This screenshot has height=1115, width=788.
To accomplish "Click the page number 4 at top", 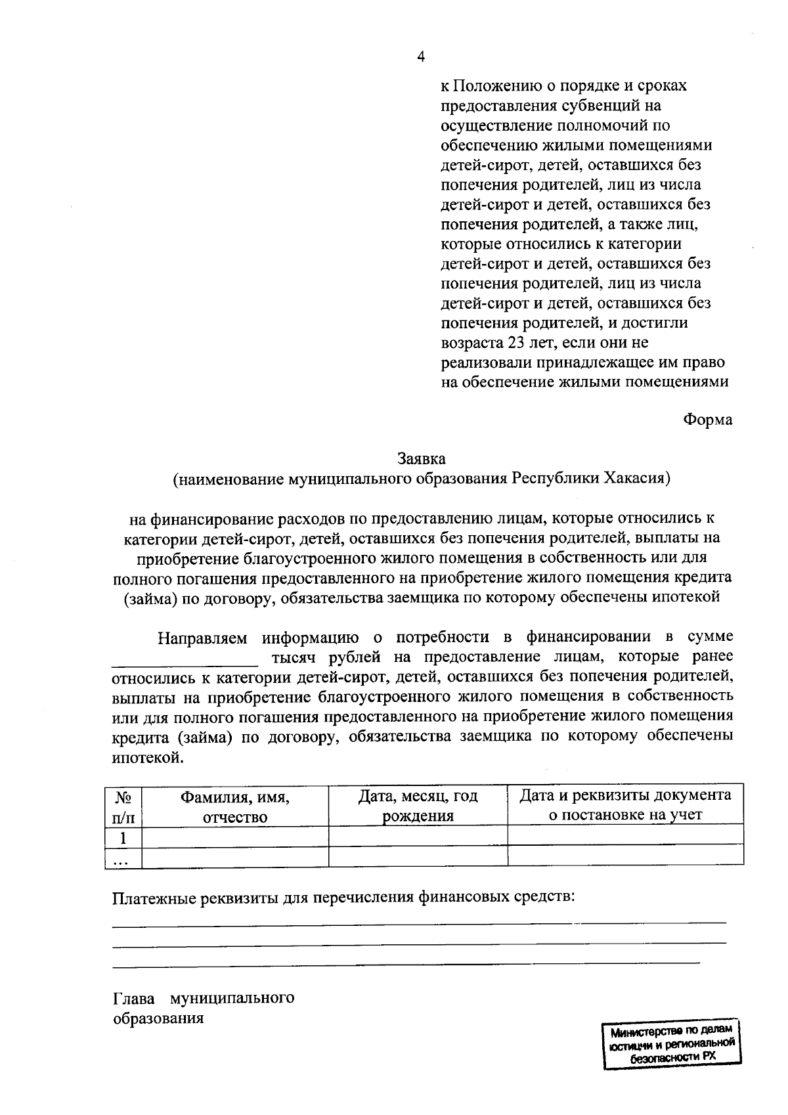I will pos(421,56).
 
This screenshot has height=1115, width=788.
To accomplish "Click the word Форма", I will pos(708,419).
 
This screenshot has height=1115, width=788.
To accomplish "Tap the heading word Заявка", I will pos(421,458).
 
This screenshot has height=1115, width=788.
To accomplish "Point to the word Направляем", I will pos(202,636).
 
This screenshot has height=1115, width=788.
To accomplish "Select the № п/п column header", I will pos(123,806).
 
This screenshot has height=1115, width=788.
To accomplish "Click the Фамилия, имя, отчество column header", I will pos(235,807).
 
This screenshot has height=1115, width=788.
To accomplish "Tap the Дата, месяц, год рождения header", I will pos(418,806).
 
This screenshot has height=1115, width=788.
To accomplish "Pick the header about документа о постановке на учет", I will pos(625,804).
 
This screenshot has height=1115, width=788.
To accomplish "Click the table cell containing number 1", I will pos(123,839).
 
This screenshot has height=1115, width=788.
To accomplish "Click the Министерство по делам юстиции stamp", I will pos(671,1045).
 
